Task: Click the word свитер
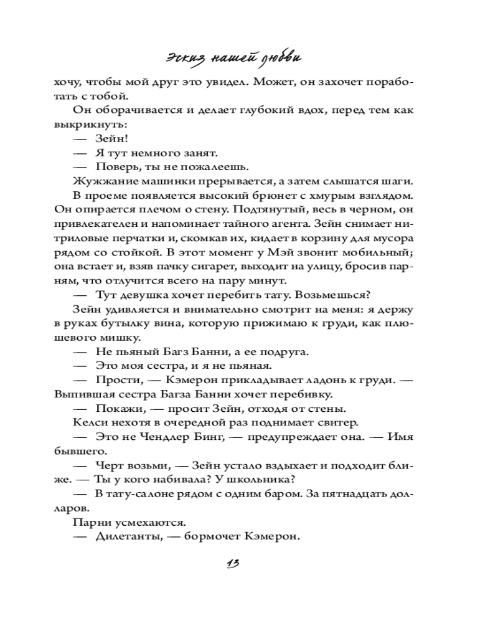click(x=339, y=422)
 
